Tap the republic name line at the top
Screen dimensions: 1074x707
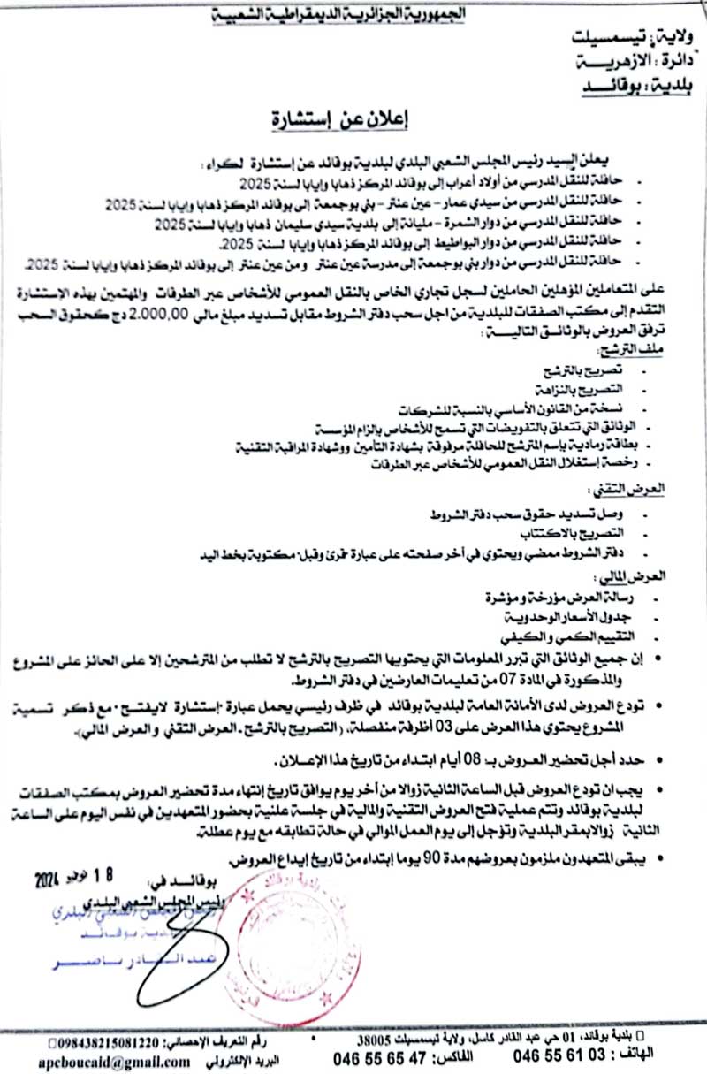pos(353,15)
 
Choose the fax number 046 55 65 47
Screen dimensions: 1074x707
pos(371,1058)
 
